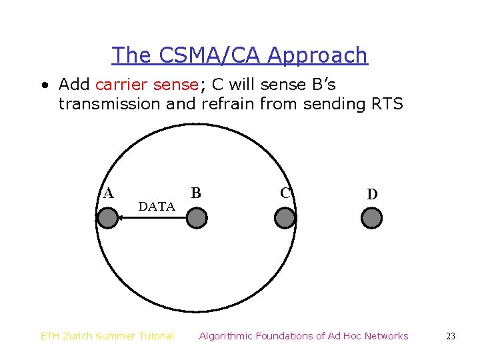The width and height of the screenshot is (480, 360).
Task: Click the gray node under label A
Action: coord(107,218)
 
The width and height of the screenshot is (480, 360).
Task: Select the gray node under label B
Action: coord(197,218)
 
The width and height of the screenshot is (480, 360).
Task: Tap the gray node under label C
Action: coord(285,218)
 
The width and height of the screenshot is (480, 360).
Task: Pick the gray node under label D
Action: coord(371,218)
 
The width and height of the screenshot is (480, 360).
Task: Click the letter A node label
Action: coord(108,193)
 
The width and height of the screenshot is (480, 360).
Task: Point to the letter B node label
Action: coord(196,193)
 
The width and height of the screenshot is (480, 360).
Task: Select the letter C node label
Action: coord(285,193)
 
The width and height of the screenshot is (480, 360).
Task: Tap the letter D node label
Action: coord(372,195)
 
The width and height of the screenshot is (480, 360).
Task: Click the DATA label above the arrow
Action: coord(157,207)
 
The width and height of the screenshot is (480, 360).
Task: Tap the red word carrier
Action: coord(121,85)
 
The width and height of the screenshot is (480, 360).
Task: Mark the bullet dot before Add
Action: coord(43,85)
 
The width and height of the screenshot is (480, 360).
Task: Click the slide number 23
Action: coord(451,337)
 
